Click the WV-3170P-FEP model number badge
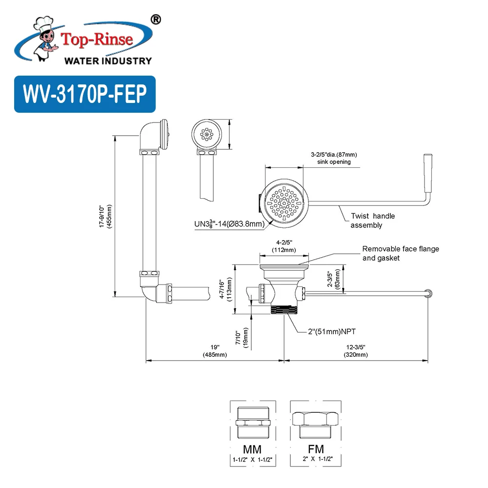84,94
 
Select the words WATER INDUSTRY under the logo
109,61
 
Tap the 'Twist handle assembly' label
373,221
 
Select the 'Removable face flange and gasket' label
400,253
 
